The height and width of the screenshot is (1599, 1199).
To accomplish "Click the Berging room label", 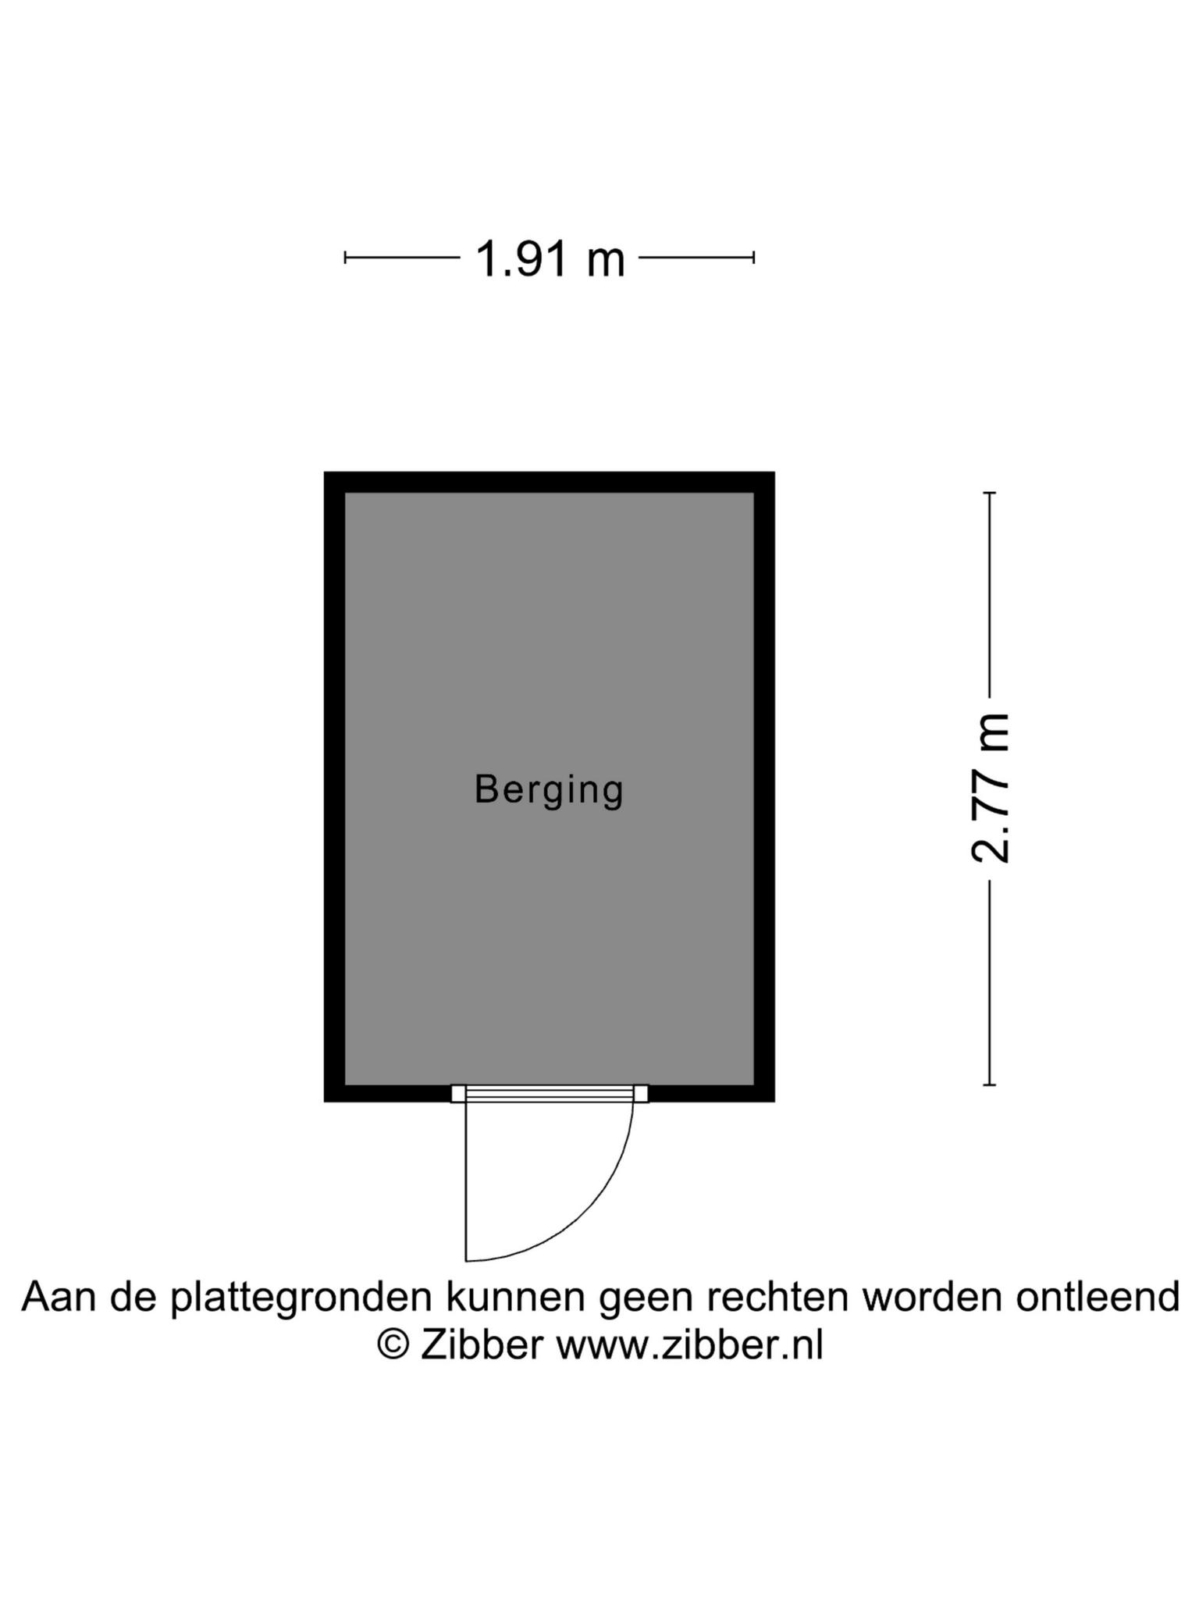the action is pos(549,790).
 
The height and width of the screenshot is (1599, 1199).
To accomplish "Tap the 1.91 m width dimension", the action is pos(550,258).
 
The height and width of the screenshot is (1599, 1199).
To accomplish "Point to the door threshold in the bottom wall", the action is pos(550,1094).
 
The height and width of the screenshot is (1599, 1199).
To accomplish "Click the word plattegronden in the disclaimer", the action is pos(301,1298).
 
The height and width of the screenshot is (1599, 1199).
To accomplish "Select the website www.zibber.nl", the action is pos(689,1345).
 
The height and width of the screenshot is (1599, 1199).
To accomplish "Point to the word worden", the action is pos(931,1298).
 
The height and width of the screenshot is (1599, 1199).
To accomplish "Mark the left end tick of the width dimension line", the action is pos(345,257).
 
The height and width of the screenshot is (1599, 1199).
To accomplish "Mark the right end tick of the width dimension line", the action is pos(753,257).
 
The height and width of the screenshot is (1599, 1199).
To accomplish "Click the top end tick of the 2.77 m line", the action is pos(990,493).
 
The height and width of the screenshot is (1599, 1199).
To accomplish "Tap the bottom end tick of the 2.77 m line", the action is pos(990,1084).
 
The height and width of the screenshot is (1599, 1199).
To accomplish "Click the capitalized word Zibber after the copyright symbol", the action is pos(481,1344).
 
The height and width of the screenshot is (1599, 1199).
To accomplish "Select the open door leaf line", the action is pos(466,1181).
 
